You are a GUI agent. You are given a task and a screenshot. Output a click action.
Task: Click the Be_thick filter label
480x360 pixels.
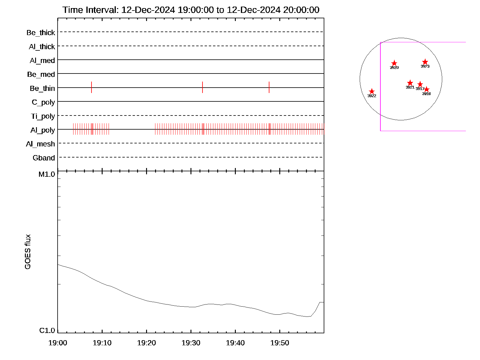click(41, 33)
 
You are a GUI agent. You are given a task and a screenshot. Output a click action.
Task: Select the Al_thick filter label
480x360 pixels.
click(42, 46)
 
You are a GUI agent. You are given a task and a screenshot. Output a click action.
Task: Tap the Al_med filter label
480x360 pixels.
click(42, 61)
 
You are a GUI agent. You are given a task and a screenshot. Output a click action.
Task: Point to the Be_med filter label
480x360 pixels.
click(41, 74)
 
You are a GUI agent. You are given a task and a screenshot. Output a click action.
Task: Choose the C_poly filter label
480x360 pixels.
click(43, 103)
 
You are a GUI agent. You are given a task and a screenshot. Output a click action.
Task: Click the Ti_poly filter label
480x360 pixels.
click(43, 116)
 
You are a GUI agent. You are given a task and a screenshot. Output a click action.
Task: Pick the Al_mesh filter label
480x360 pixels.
click(40, 144)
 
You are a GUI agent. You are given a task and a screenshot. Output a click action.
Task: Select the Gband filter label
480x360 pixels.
click(44, 158)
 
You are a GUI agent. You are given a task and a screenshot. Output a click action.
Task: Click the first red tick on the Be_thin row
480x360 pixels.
click(91, 87)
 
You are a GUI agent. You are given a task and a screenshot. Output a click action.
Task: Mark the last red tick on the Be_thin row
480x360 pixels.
click(269, 87)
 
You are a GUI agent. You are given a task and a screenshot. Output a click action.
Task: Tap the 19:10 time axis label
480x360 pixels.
click(102, 343)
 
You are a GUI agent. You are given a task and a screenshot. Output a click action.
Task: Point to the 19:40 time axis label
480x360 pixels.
click(235, 343)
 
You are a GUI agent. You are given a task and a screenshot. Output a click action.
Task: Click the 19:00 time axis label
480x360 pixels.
click(58, 343)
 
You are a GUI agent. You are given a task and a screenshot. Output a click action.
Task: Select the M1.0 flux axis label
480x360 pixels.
click(47, 174)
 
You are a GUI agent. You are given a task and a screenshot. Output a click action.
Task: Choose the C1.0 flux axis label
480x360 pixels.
click(47, 331)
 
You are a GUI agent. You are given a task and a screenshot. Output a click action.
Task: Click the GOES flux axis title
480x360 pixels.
click(28, 252)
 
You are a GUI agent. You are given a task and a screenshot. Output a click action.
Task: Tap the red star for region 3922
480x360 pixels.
click(372, 91)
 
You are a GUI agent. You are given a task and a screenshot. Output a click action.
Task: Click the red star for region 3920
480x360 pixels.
click(394, 63)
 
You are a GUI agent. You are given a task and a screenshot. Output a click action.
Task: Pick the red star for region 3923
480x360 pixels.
click(425, 62)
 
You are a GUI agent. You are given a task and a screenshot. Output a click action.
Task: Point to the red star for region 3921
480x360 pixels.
click(410, 83)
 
